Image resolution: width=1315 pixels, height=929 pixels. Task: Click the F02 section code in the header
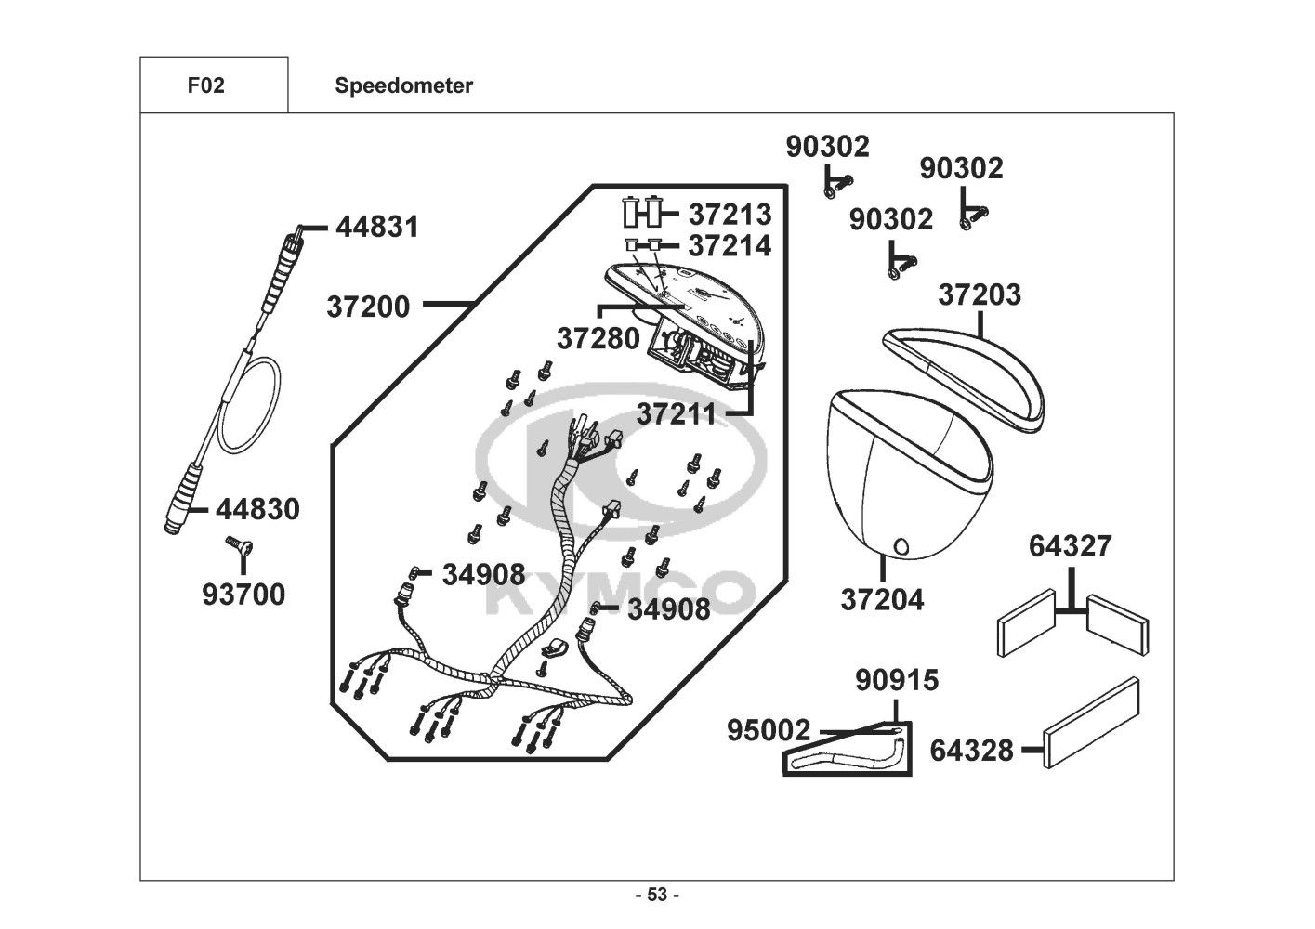(x=205, y=86)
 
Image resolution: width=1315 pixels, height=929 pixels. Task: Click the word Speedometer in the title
(x=403, y=86)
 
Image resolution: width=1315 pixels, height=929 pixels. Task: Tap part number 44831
(x=376, y=227)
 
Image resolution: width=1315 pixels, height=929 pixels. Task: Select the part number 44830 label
(x=257, y=509)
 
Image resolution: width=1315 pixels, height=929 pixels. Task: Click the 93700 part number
(x=243, y=595)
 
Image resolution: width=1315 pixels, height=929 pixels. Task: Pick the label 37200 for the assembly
(x=368, y=307)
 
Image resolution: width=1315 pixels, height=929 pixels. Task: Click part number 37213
(x=730, y=215)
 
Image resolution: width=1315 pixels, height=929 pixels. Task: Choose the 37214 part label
(x=730, y=246)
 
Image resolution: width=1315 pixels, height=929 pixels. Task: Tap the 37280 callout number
(x=598, y=338)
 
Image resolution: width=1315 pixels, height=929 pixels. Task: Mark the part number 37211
(x=677, y=414)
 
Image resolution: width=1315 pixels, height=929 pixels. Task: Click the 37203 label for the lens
(x=979, y=294)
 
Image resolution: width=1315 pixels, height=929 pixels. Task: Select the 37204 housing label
(x=882, y=600)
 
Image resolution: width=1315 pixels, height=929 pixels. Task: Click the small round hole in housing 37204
(x=901, y=545)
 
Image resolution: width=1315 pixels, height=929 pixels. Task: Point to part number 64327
(x=1070, y=546)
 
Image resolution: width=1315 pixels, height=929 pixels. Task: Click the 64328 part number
(x=971, y=750)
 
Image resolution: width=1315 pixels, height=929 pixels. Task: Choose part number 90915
(x=897, y=681)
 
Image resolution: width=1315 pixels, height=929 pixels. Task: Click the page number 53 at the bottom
(x=657, y=895)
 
